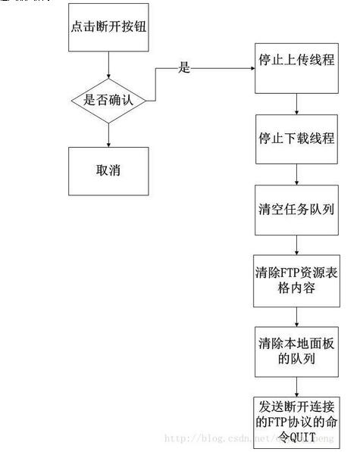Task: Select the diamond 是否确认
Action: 110,99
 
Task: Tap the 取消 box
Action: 110,170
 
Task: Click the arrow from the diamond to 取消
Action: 110,135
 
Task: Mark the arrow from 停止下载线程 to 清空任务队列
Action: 296,174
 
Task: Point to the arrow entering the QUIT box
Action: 296,385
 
